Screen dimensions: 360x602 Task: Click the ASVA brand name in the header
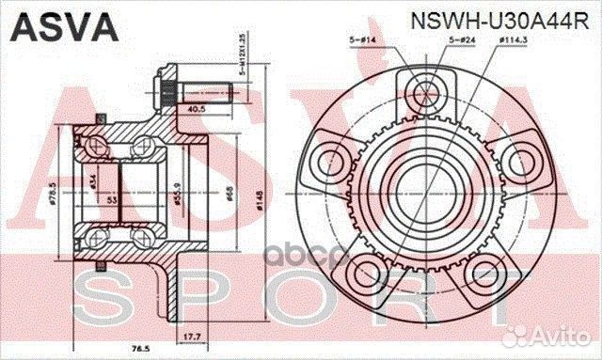point(64,25)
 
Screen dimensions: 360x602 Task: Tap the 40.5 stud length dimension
point(197,109)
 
